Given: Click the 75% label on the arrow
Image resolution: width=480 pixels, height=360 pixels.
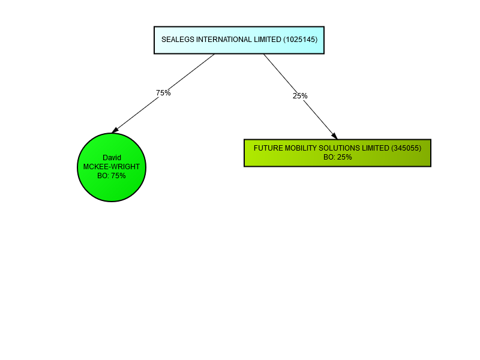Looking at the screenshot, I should pyautogui.click(x=163, y=93).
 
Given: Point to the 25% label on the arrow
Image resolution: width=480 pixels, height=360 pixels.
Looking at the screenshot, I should pyautogui.click(x=300, y=96).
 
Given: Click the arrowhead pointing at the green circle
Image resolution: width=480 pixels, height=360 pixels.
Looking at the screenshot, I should pyautogui.click(x=116, y=130).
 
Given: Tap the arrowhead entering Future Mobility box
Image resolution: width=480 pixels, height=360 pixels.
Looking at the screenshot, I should pyautogui.click(x=334, y=136).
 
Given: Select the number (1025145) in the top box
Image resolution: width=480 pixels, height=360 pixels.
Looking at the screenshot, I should pyautogui.click(x=300, y=40).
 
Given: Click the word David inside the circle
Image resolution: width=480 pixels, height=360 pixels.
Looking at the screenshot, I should pyautogui.click(x=112, y=158).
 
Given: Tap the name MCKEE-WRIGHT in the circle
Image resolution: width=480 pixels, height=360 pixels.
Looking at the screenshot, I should pyautogui.click(x=112, y=167).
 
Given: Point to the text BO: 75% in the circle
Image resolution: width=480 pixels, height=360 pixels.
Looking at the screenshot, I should pyautogui.click(x=112, y=176).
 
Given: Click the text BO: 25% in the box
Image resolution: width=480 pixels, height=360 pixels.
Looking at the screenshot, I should pyautogui.click(x=337, y=157).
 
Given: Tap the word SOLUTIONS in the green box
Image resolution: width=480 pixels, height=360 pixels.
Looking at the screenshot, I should pyautogui.click(x=338, y=148).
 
